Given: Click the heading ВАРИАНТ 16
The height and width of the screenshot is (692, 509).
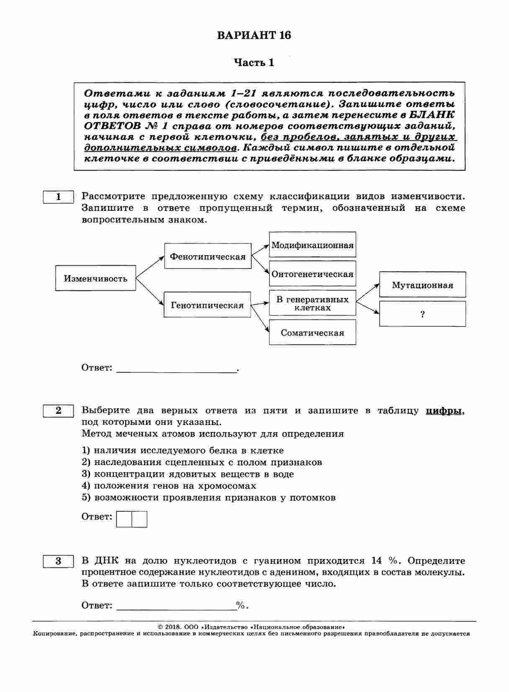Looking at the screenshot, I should pyautogui.click(x=254, y=35).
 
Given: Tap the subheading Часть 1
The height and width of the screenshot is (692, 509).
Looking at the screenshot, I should pyautogui.click(x=254, y=63).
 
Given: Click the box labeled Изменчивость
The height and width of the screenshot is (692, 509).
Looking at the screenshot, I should pyautogui.click(x=95, y=278).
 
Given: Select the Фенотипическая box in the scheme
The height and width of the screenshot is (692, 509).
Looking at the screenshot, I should pyautogui.click(x=208, y=256).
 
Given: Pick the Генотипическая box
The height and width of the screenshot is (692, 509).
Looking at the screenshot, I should pyautogui.click(x=207, y=305).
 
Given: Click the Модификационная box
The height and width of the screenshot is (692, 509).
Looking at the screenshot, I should pyautogui.click(x=312, y=245).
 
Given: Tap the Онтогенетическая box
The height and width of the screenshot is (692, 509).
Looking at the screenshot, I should pyautogui.click(x=312, y=274).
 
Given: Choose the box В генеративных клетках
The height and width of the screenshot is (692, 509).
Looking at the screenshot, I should pyautogui.click(x=312, y=303).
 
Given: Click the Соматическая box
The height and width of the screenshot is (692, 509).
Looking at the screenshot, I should pyautogui.click(x=312, y=333).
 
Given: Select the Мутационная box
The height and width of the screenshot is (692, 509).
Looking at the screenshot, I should pyautogui.click(x=422, y=285).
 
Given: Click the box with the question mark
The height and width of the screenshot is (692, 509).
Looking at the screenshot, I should pyautogui.click(x=422, y=314).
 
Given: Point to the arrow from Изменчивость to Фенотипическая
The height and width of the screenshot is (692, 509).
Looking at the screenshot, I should pyautogui.click(x=150, y=267).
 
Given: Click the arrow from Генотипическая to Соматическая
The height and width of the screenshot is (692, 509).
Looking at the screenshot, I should pyautogui.click(x=260, y=318).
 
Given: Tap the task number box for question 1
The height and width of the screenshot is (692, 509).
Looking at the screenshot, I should pyautogui.click(x=59, y=197).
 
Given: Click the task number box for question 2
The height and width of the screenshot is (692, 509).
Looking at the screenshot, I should pyautogui.click(x=59, y=411).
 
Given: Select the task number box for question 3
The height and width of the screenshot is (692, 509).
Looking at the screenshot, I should pyautogui.click(x=59, y=561).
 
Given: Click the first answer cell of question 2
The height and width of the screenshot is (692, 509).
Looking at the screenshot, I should pyautogui.click(x=124, y=519).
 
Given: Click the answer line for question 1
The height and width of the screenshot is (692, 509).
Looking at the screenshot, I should pyautogui.click(x=176, y=368).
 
